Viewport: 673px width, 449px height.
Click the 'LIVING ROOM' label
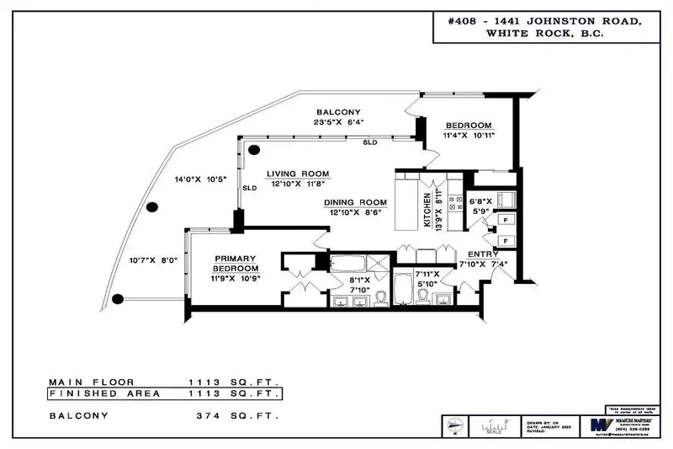coord(298,174)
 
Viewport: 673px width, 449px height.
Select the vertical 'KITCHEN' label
coord(428,211)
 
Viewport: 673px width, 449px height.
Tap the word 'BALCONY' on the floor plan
coord(338,112)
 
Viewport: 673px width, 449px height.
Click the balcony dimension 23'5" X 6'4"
coord(337,123)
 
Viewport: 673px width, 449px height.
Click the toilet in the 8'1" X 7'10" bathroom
coord(379,297)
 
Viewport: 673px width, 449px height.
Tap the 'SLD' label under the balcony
coord(369,143)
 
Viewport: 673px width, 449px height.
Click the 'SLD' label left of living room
coord(249,189)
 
